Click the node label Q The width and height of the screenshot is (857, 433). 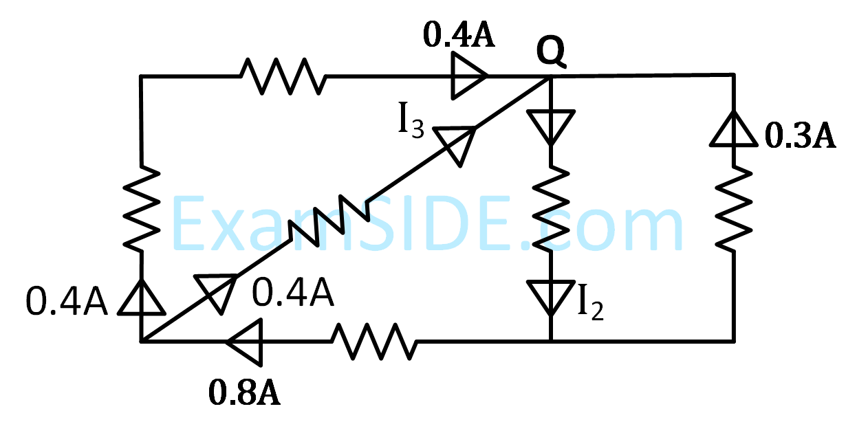coord(551,54)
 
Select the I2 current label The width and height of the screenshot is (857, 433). coord(590,304)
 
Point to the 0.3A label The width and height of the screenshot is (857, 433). coord(799,137)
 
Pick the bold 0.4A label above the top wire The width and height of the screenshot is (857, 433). coord(459,36)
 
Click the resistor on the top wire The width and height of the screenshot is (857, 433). coord(282,76)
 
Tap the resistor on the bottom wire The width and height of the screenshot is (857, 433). coord(375,341)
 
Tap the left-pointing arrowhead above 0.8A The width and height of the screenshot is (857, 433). coord(244,341)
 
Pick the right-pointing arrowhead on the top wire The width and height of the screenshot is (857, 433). coord(470,76)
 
